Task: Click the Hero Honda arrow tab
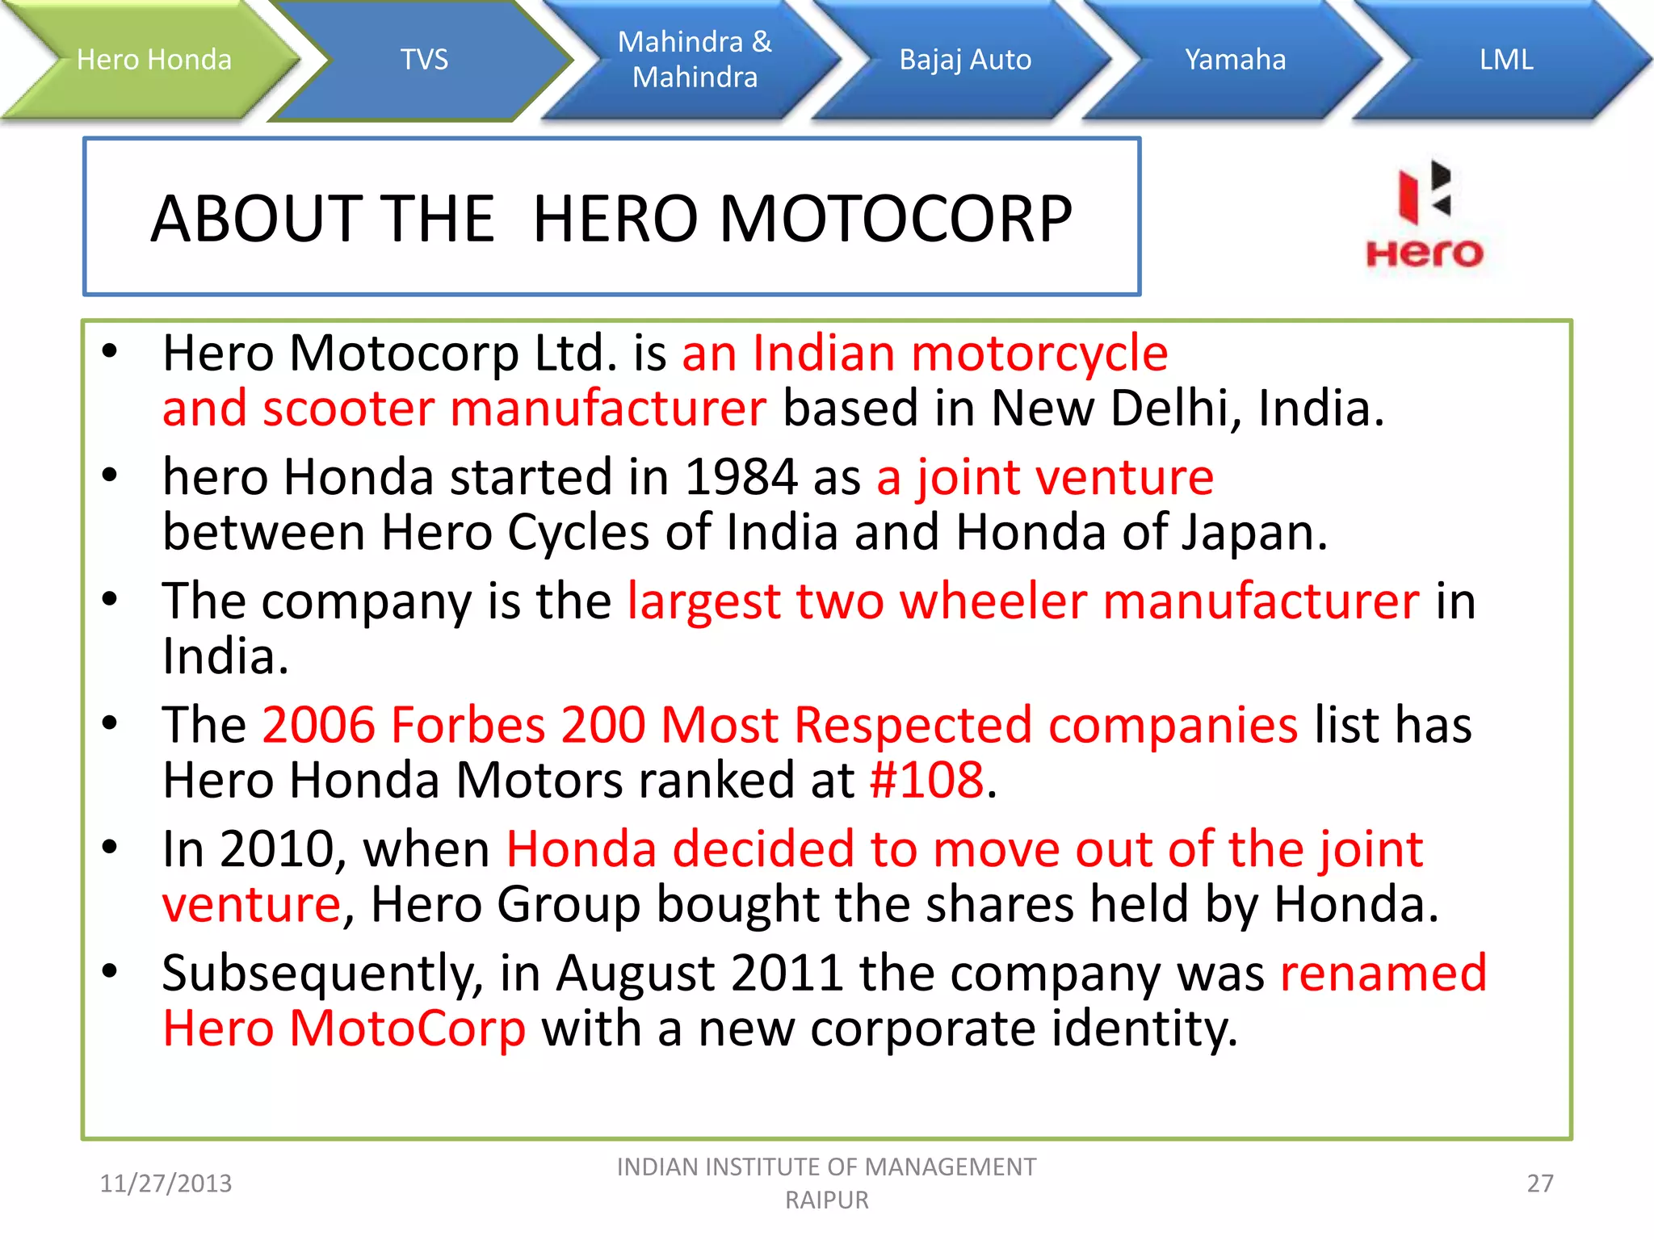pos(153,60)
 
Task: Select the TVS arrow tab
pos(424,60)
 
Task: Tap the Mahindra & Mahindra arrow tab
pos(695,60)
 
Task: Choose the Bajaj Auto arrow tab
pos(965,60)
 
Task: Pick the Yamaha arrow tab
pos(1235,60)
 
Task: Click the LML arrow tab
pos(1505,60)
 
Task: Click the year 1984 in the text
pos(741,477)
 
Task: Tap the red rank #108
pos(926,781)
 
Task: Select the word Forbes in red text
pos(468,725)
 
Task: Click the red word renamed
pos(1383,973)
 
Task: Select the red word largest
pos(703,601)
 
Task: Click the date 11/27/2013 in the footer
pos(166,1183)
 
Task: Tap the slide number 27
pos(1539,1183)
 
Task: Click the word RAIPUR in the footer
pos(827,1200)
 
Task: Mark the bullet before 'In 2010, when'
pos(110,847)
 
